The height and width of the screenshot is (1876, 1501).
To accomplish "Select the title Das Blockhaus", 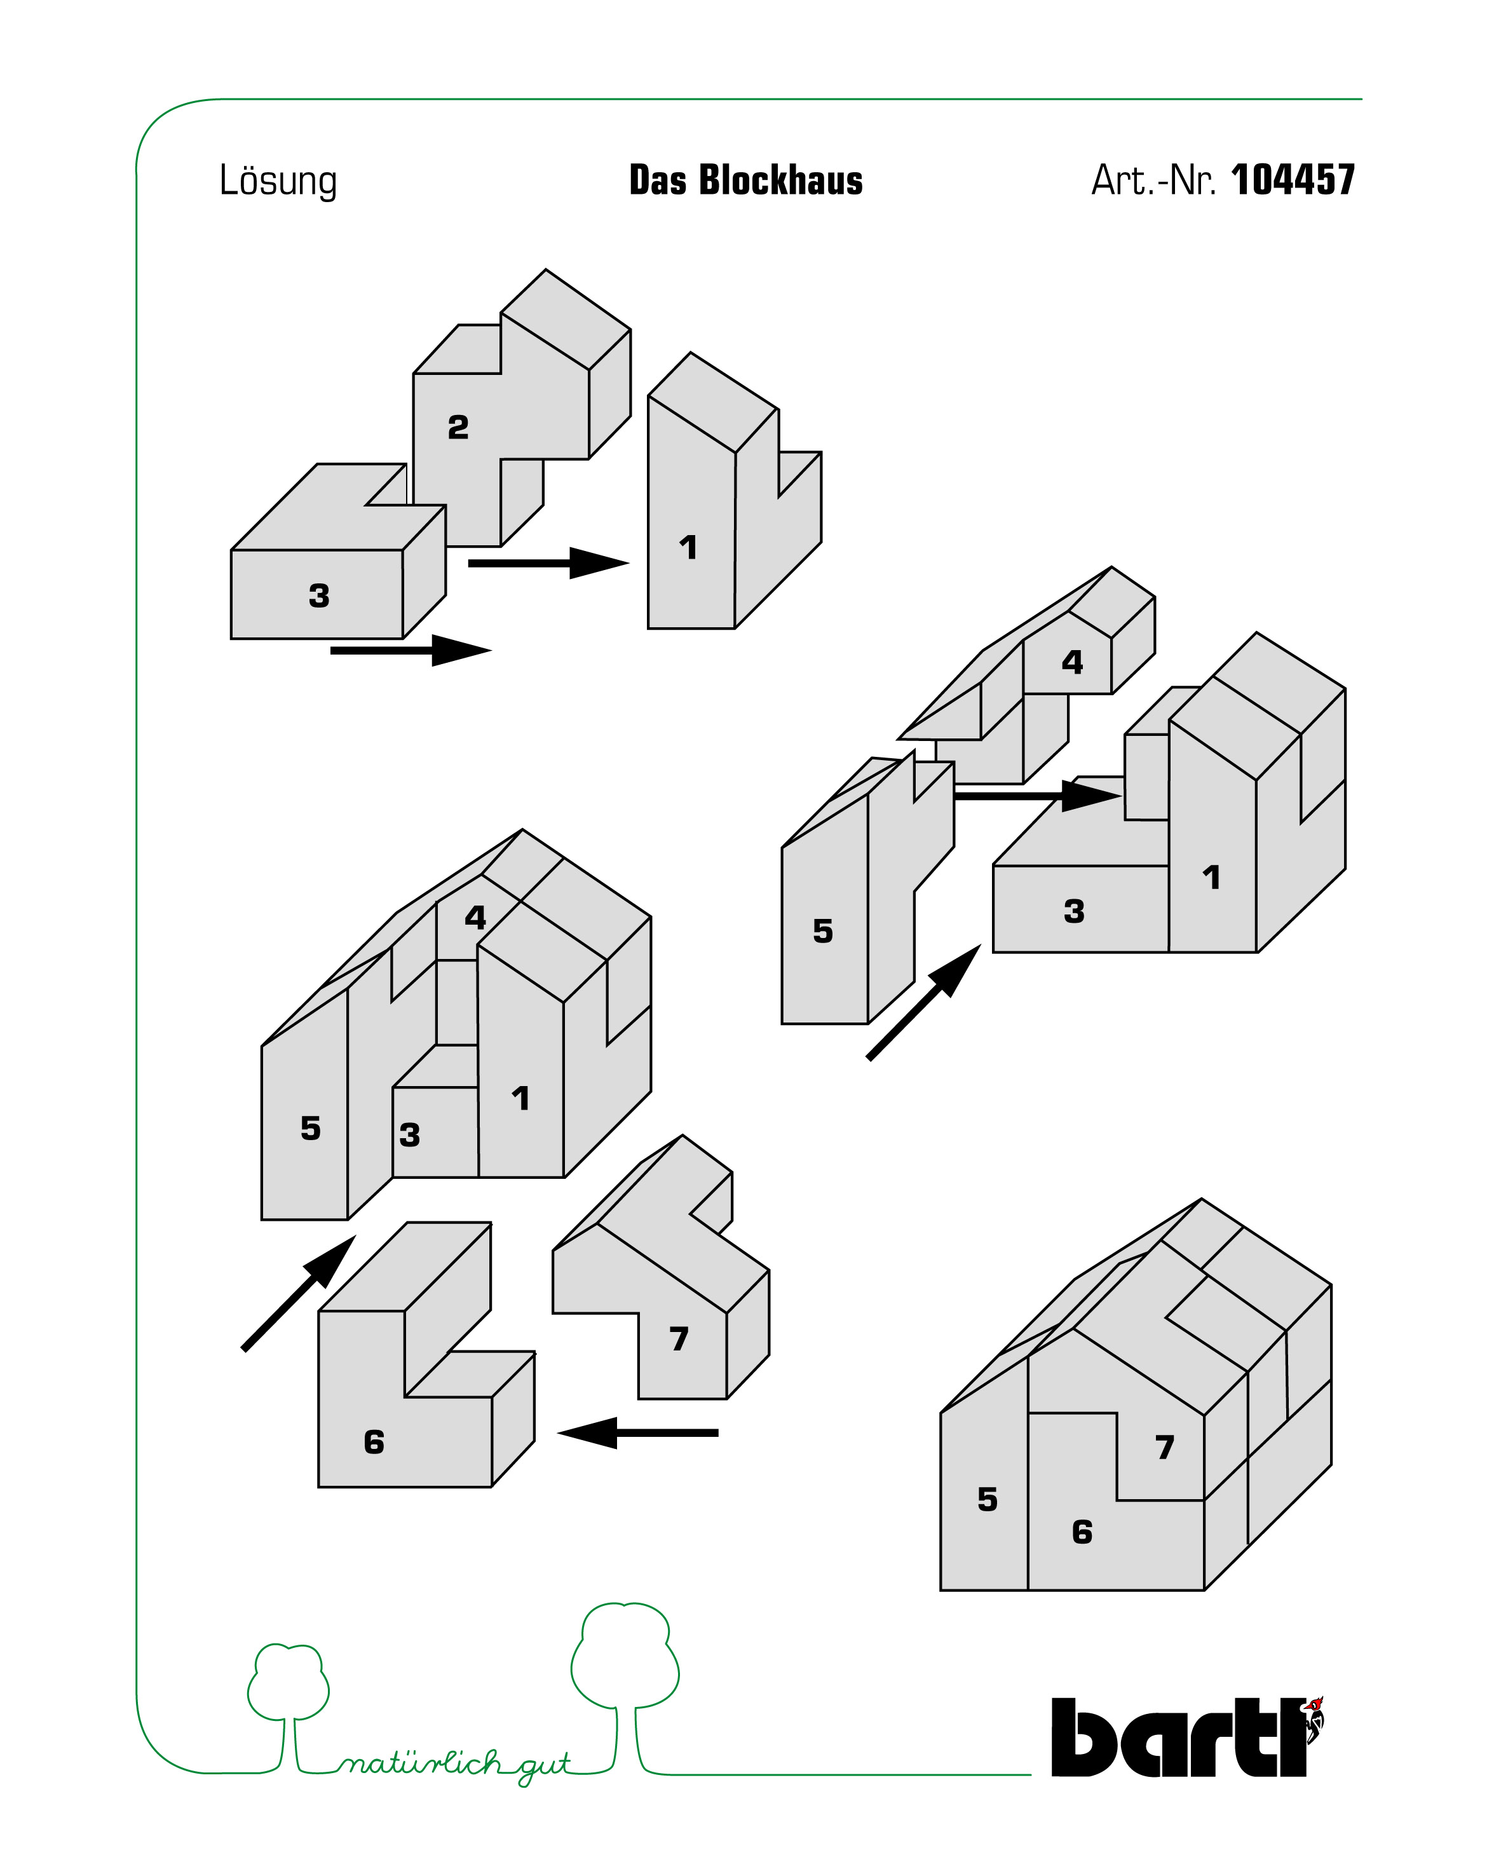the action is (x=745, y=180).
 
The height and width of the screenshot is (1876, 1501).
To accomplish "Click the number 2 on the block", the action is (x=458, y=427).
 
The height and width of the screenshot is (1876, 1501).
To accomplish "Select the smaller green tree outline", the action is (x=288, y=1708).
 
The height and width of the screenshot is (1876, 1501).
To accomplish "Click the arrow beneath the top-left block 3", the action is (x=411, y=650).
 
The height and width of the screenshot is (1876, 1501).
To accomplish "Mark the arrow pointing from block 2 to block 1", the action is (x=548, y=563).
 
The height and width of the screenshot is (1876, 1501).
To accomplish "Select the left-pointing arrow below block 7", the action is (x=638, y=1432).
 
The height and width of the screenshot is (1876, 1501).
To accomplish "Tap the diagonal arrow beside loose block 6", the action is (x=299, y=1293).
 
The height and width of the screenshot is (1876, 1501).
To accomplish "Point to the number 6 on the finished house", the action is (x=1082, y=1532).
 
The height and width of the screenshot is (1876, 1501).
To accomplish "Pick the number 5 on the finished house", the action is (x=987, y=1499).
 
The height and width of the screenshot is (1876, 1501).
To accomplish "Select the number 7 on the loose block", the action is (x=679, y=1338).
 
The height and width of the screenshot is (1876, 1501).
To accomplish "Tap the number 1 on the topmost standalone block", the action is (x=688, y=547).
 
